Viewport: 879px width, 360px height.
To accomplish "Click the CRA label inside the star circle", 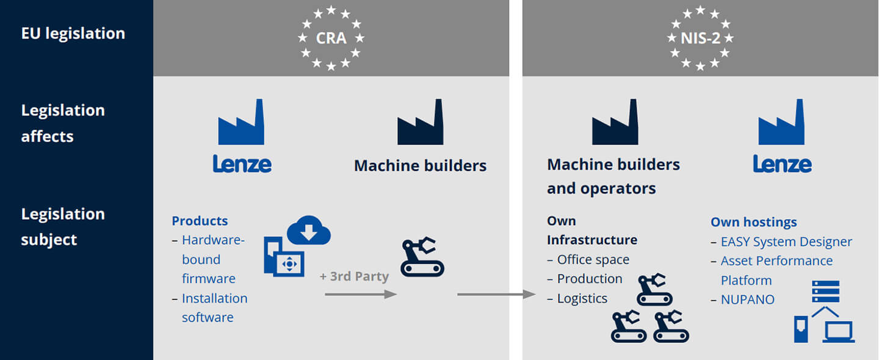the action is pos(331,38).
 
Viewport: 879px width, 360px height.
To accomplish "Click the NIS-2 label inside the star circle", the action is pos(701,38).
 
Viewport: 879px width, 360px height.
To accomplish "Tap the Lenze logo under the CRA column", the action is pos(242,164).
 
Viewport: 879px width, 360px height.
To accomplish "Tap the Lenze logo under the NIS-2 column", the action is pos(782,164).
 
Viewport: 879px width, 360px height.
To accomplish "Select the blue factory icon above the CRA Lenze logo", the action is pos(241,122).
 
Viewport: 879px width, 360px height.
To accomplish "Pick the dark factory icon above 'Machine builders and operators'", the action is pos(615,122).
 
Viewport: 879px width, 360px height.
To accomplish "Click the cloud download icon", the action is pos(309,230).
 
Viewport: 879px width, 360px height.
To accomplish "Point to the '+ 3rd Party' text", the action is pos(354,276).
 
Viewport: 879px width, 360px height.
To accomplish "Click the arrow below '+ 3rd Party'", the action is pos(361,294).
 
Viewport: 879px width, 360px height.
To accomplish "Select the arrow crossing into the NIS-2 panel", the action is pos(496,294).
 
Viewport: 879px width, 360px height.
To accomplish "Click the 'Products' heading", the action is pos(200,221).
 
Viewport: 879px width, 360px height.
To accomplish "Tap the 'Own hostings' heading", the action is pos(754,222).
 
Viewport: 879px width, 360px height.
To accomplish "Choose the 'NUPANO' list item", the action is pos(748,300).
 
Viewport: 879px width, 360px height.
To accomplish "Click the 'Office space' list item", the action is pos(593,259).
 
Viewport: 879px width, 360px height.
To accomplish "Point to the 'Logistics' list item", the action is pos(582,298).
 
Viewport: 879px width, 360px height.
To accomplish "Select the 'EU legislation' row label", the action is pos(73,34).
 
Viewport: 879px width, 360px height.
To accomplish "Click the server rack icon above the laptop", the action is pos(826,292).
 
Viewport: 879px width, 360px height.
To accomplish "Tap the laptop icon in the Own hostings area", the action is pos(839,332).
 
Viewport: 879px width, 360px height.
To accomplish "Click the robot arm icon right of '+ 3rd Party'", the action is pos(422,256).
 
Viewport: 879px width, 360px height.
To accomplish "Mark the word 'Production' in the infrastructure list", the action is pos(590,279).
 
